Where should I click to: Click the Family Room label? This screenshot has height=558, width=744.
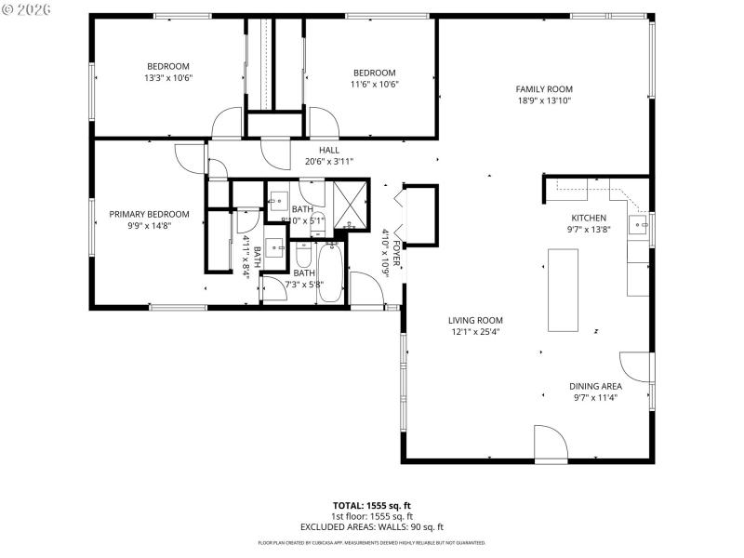[x=543, y=89]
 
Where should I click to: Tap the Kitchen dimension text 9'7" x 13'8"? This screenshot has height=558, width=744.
[x=588, y=229]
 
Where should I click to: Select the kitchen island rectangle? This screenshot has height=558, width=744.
[x=564, y=291]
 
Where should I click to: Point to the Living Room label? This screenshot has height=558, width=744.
[x=475, y=320]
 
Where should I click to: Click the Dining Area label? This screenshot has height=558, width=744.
[x=595, y=386]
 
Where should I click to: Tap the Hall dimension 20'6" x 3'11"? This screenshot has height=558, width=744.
[x=328, y=161]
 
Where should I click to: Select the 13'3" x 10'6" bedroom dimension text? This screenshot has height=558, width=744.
[x=168, y=78]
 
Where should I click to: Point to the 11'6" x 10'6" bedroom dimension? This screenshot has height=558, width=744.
[x=374, y=85]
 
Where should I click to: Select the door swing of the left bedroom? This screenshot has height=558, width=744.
[x=226, y=123]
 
